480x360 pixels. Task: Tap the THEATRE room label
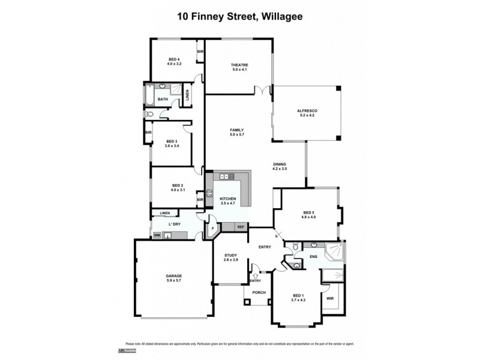[x=239, y=65]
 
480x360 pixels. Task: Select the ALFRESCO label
[x=307, y=111]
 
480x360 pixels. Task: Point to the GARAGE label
[x=174, y=276]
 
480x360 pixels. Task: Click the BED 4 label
[x=174, y=59]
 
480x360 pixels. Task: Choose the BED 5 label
[x=308, y=212]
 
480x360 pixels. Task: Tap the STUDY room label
[x=231, y=255]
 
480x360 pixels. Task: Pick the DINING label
[x=280, y=164]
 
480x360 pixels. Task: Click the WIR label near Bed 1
[x=329, y=298]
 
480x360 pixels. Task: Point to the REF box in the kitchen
[x=241, y=227]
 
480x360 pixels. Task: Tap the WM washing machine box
[x=157, y=236]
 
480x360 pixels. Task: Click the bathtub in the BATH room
[x=149, y=96]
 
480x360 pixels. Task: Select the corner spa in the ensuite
[x=334, y=254]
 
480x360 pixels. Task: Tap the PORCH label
[x=259, y=293]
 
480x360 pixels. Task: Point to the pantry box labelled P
[x=212, y=228]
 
